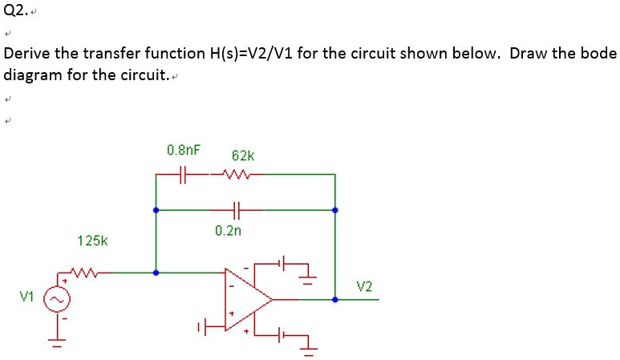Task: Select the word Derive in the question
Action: pos(26,55)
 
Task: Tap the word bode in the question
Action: pos(598,55)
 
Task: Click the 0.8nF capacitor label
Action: pos(184,150)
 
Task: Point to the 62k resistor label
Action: pos(242,155)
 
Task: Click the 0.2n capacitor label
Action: pos(228,230)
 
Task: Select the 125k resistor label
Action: pos(92,240)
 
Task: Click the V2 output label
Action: pos(364,286)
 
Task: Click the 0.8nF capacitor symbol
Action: pos(184,173)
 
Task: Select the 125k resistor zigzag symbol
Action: pos(83,273)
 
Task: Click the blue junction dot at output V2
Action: pos(335,300)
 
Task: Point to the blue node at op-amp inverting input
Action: pos(156,273)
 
